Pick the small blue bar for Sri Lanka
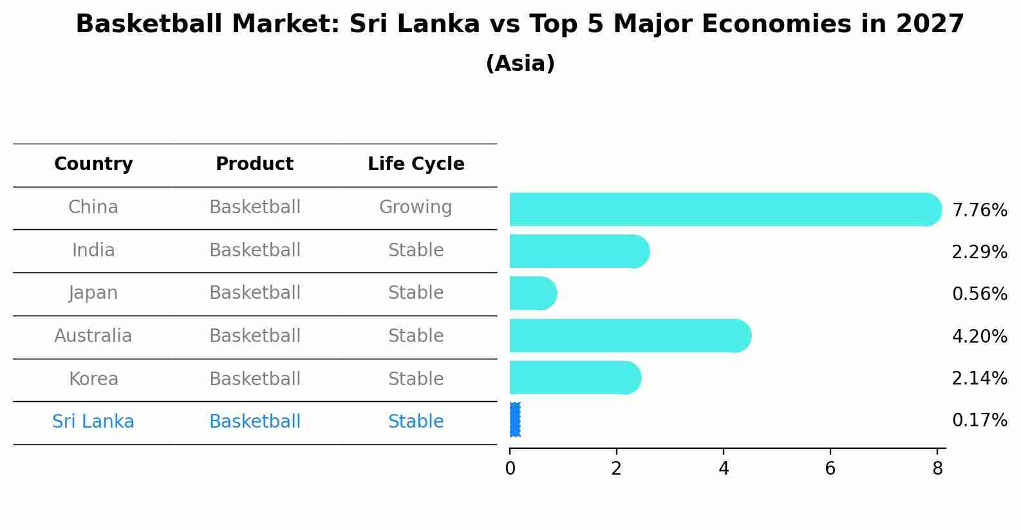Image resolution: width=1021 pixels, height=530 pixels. [514, 420]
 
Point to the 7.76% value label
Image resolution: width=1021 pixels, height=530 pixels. [979, 211]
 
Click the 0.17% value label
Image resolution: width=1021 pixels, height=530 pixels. [979, 421]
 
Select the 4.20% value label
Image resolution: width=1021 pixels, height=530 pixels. [979, 336]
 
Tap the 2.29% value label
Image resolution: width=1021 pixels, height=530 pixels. [979, 252]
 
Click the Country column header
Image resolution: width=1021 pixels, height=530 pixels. [93, 164]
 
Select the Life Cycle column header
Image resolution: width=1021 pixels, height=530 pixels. [416, 164]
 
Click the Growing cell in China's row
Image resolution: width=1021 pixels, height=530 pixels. [415, 207]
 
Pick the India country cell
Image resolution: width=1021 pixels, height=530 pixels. [93, 251]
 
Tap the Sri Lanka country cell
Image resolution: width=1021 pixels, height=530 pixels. [93, 422]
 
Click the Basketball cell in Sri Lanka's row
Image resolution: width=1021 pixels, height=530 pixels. [255, 422]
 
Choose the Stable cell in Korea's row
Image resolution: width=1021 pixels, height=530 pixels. [415, 379]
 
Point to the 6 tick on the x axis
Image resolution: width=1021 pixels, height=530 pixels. [830, 469]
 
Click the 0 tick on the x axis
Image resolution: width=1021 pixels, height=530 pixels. [510, 469]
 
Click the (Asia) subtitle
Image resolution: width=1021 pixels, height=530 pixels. [520, 64]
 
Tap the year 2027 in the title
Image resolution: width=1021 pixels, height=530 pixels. [930, 24]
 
